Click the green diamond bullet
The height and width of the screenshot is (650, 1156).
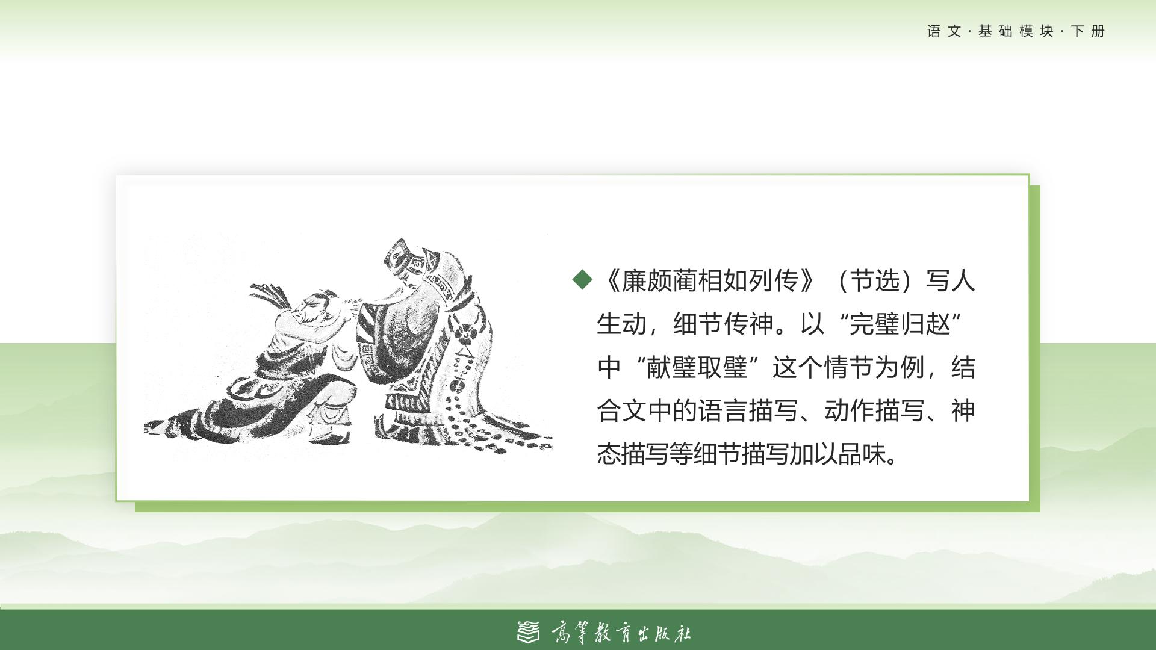pyautogui.click(x=582, y=279)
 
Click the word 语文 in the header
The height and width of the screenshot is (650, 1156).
pyautogui.click(x=945, y=31)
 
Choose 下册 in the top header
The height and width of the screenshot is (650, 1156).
pyautogui.click(x=1088, y=31)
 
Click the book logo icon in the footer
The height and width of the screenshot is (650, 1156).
pyautogui.click(x=529, y=631)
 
